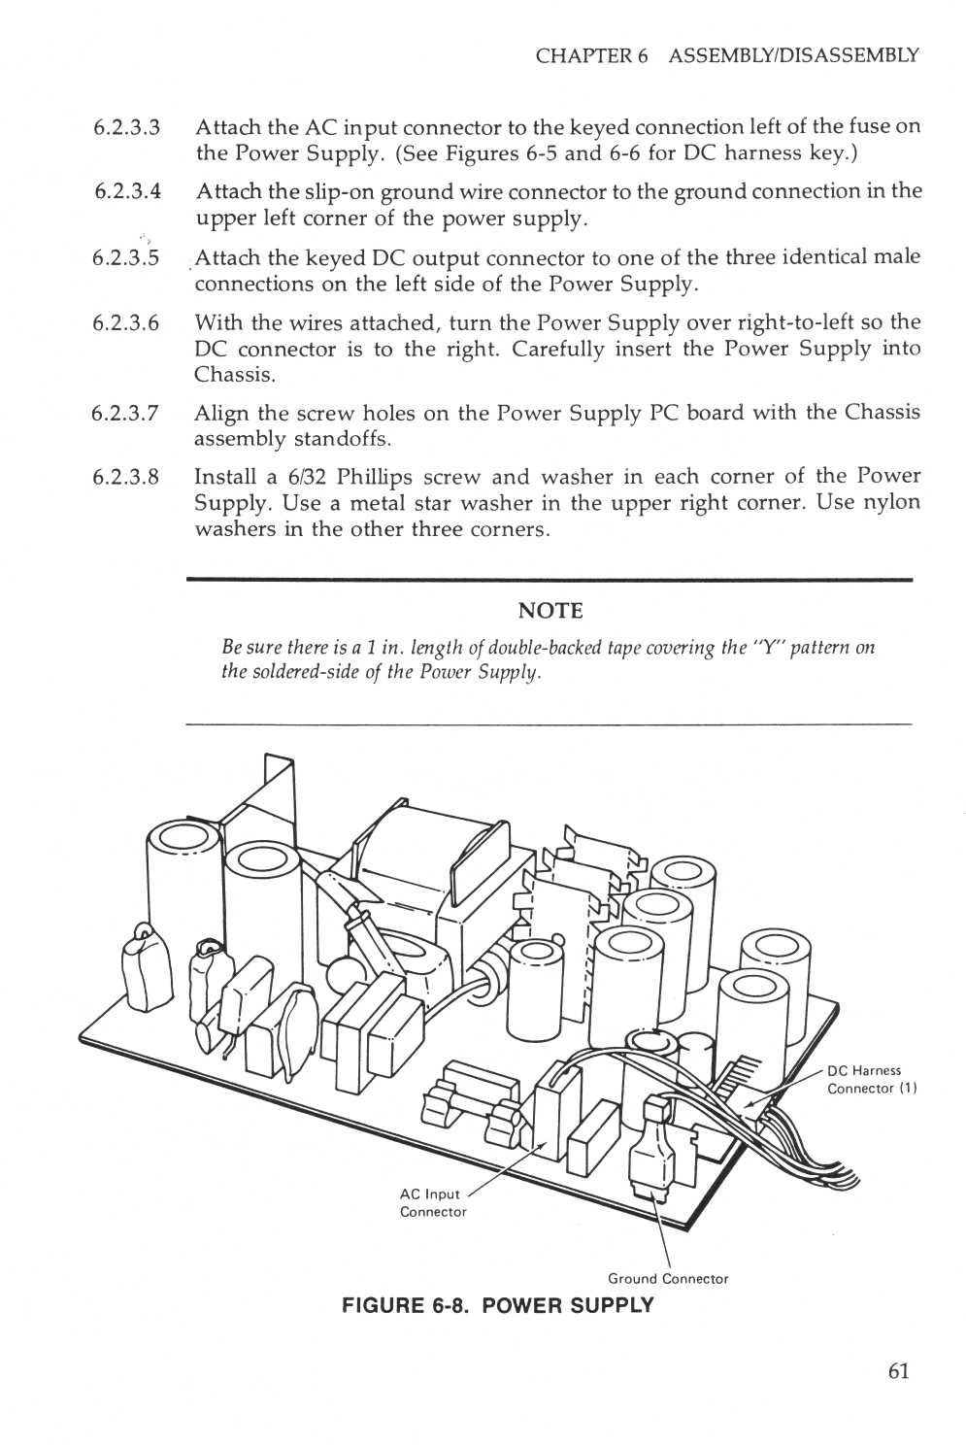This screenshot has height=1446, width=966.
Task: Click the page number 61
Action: (897, 1370)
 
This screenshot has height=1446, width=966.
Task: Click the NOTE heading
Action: (550, 611)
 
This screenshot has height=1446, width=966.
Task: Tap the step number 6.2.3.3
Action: (127, 128)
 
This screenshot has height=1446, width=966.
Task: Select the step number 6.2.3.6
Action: (126, 323)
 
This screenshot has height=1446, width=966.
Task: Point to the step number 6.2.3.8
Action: (126, 478)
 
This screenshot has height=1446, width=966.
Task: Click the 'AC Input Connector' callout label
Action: (432, 1203)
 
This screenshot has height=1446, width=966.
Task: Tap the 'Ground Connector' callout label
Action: (667, 1279)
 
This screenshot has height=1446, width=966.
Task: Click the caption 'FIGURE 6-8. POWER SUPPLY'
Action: (497, 1305)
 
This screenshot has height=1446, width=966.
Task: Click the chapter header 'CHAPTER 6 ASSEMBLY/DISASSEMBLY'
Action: (726, 55)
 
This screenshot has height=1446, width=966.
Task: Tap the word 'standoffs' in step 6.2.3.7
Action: (341, 439)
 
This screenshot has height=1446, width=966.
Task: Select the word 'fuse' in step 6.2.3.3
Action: (870, 127)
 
